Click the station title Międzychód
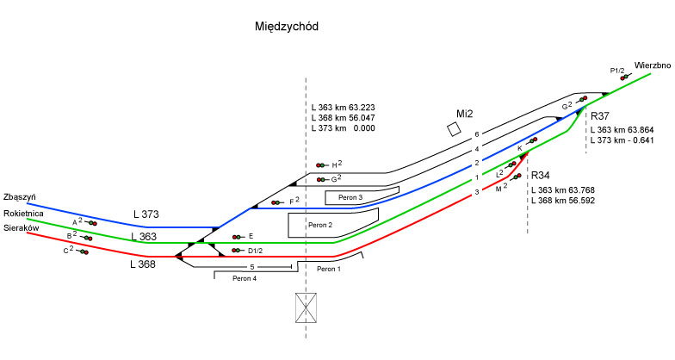[x=287, y=27]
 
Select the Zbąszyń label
[x=19, y=196]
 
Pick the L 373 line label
[x=148, y=214]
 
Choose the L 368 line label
[x=143, y=264]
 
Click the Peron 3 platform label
[x=346, y=198]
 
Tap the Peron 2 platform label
[x=320, y=226]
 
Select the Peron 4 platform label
[x=244, y=277]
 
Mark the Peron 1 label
[x=329, y=270]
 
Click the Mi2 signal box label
[x=465, y=114]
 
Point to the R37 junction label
[x=600, y=115]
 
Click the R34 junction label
[x=542, y=175]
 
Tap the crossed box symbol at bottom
[x=306, y=307]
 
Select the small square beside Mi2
[x=454, y=128]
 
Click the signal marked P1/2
[x=624, y=77]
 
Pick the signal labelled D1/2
[x=235, y=251]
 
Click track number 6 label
[x=476, y=135]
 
